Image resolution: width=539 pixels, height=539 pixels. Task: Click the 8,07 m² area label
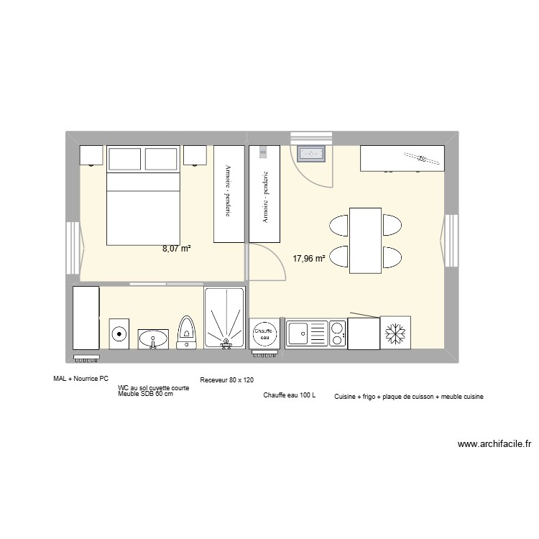(176, 249)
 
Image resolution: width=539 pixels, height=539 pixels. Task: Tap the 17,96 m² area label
(309, 259)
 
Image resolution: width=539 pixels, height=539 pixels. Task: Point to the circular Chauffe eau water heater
(265, 332)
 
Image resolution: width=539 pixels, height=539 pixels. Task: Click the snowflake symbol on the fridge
(395, 333)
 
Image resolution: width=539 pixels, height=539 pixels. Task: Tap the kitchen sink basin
(298, 333)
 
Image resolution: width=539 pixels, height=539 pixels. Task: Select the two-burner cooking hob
(335, 333)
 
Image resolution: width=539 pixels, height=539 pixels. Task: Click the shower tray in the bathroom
(225, 319)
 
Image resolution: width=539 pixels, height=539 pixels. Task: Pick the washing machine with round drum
(119, 333)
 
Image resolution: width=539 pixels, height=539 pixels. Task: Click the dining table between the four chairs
(365, 240)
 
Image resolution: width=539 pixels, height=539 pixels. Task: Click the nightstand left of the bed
(91, 155)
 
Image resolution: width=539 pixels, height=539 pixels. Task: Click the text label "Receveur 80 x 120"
(226, 379)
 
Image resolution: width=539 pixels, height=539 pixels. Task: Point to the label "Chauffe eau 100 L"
(290, 396)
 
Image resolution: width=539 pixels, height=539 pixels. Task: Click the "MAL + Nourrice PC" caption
(80, 378)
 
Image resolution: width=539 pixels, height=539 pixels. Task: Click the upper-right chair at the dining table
(392, 224)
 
